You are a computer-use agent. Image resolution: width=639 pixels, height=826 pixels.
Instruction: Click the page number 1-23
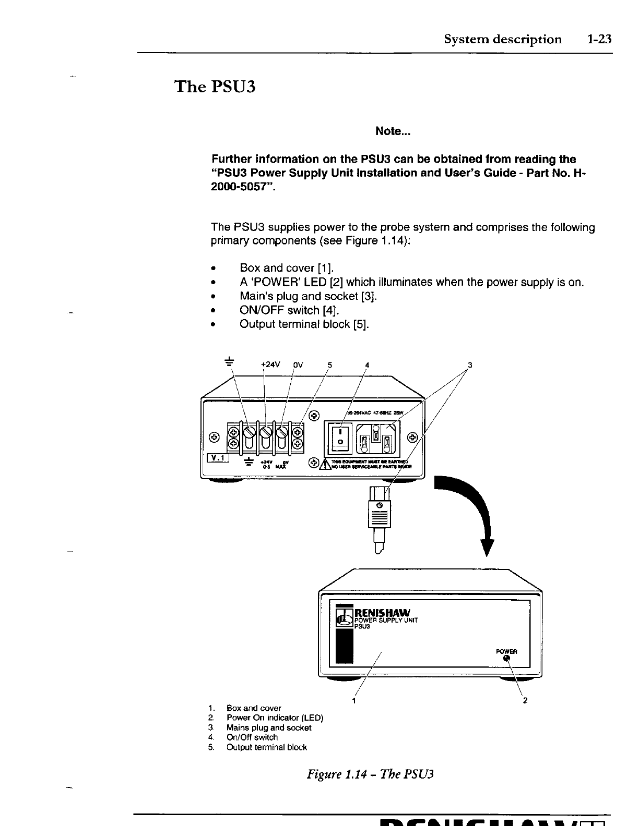pos(598,40)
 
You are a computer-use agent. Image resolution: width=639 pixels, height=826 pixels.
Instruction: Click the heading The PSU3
pos(215,86)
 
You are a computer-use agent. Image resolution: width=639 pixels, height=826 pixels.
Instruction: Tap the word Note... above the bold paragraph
pos(393,131)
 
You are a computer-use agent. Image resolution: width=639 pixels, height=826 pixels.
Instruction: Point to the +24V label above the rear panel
pos(270,365)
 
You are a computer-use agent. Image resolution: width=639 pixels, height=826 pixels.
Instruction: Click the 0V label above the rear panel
pos(298,365)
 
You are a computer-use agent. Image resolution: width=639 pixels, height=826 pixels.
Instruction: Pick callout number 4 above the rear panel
pos(367,365)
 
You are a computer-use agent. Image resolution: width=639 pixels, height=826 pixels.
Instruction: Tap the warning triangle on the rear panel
pos(326,464)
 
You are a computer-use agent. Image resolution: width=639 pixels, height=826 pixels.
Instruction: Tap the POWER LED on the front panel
pos(506,658)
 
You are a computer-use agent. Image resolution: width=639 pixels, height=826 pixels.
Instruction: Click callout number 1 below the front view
pos(354,700)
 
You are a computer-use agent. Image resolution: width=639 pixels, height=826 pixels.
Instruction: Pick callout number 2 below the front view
pos(525,701)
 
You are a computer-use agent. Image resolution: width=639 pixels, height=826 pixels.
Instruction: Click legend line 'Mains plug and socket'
pos(268,727)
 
